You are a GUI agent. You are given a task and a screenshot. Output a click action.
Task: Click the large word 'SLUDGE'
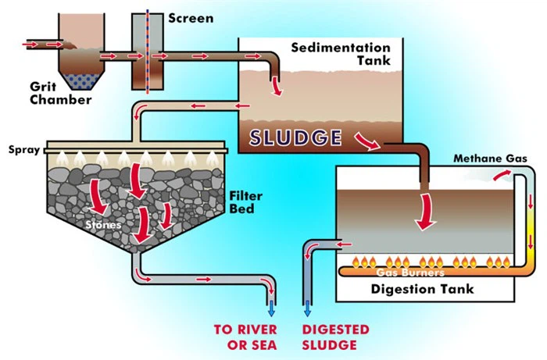pos(295,138)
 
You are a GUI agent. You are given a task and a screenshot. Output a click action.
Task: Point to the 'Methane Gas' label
pos(491,159)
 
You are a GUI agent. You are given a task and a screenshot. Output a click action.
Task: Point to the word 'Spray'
pos(23,148)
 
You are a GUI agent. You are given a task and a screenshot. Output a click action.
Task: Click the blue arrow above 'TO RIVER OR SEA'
pos(272,305)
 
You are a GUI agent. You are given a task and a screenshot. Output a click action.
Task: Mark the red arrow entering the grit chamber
pos(31,45)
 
